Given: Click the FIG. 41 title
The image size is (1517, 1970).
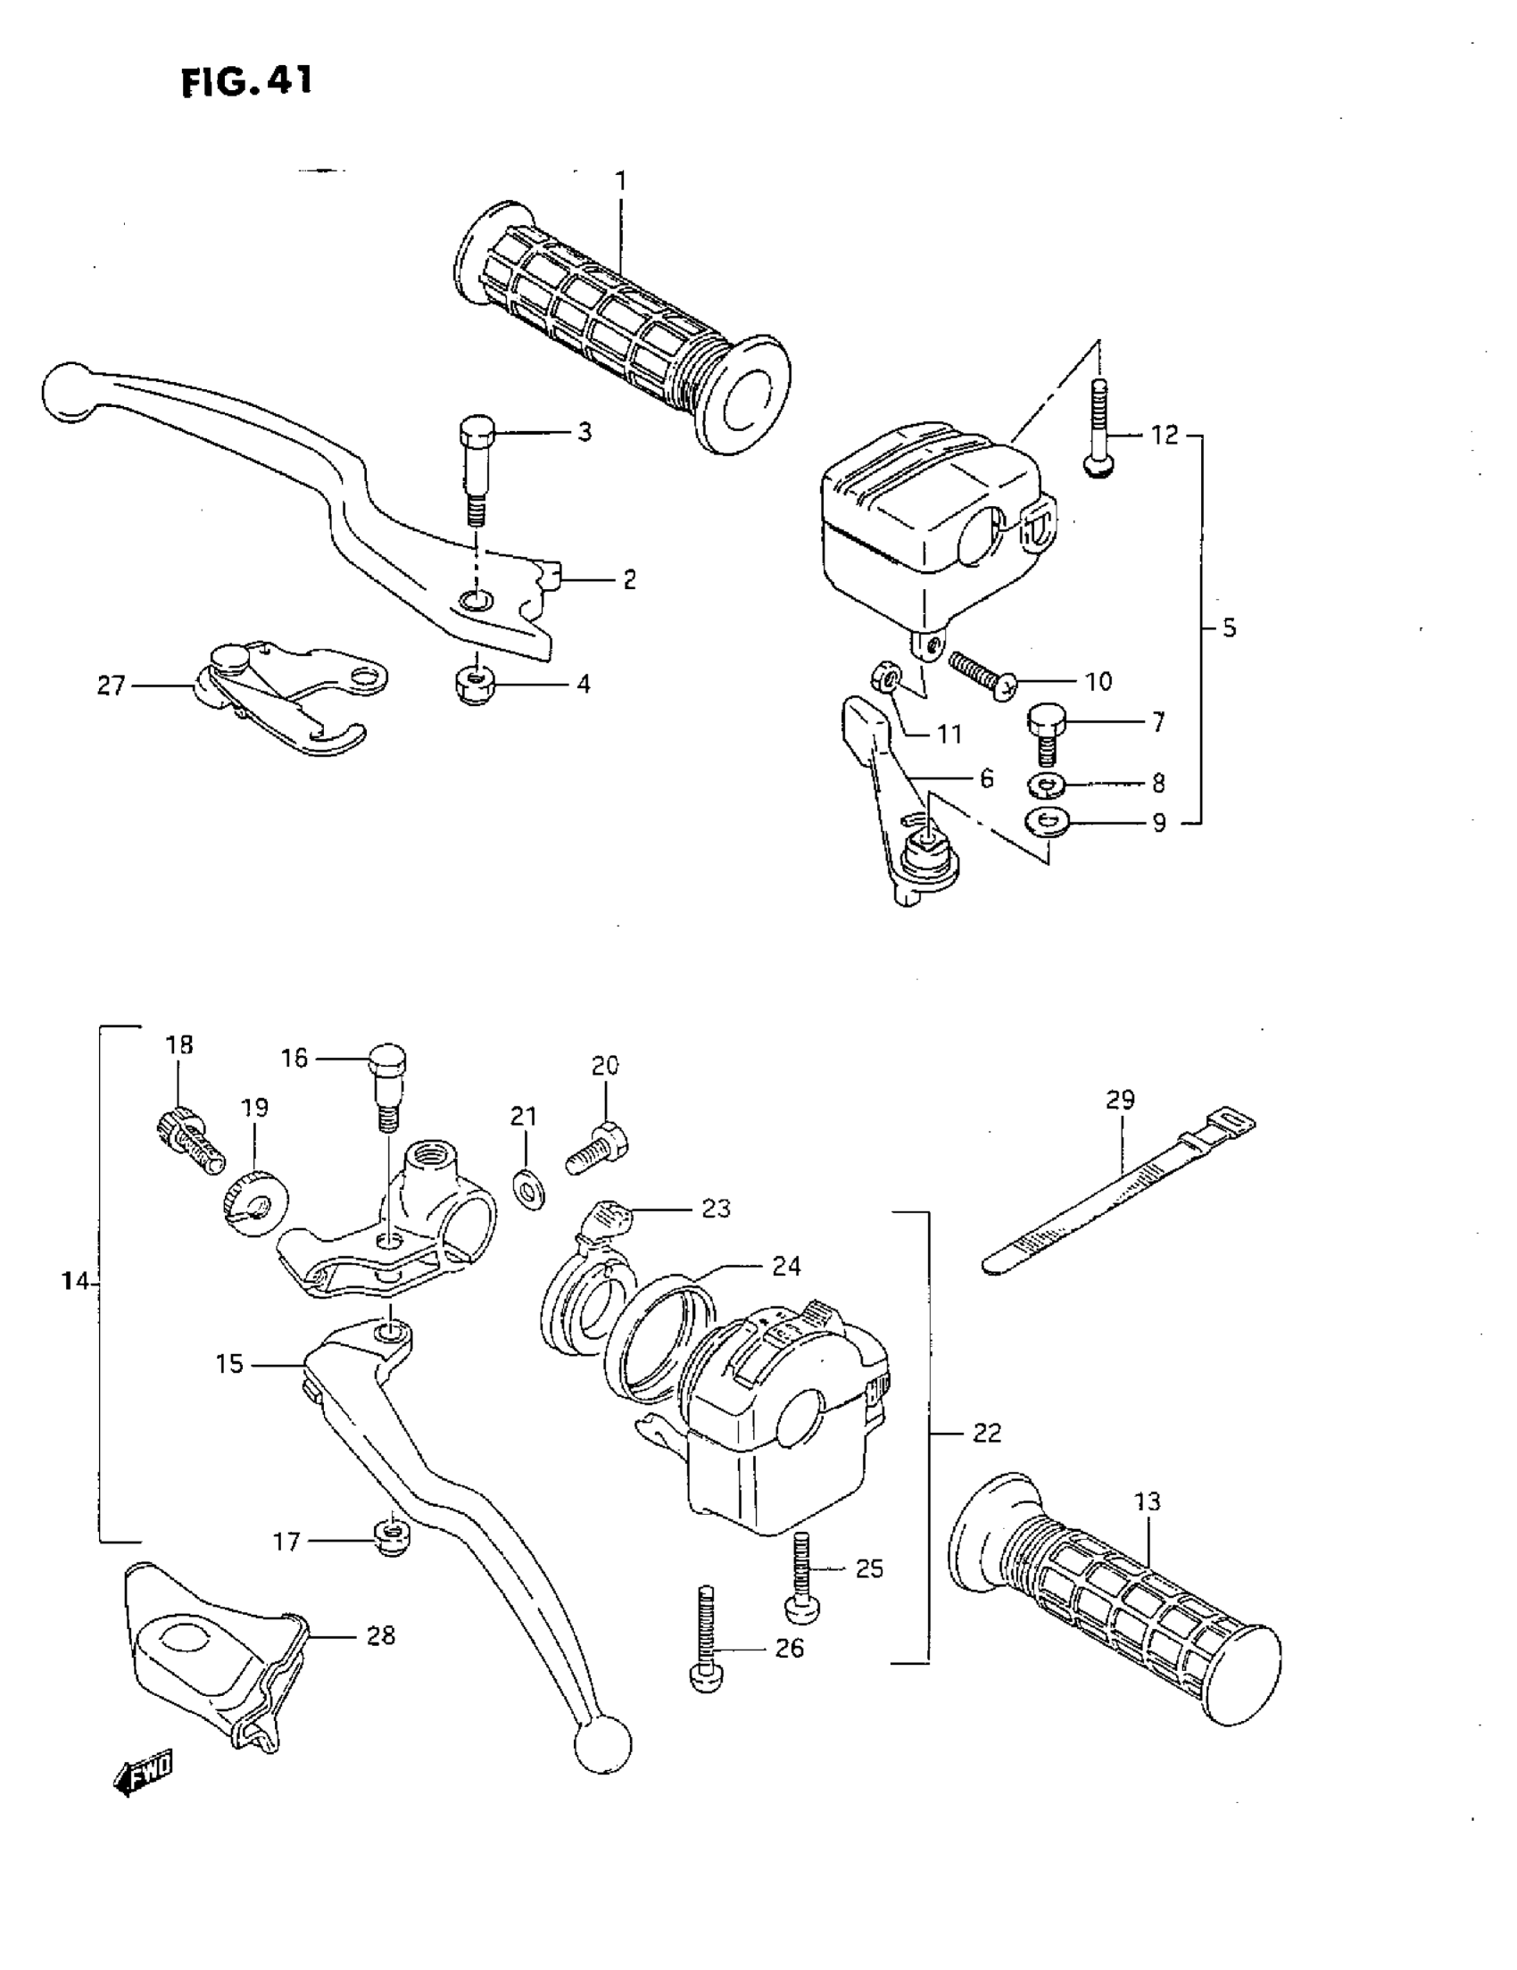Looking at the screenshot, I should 246,82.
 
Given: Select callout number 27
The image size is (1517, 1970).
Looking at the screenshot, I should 111,686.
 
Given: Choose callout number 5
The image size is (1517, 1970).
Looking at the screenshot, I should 1230,628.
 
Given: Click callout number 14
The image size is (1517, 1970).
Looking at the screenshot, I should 75,1281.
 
